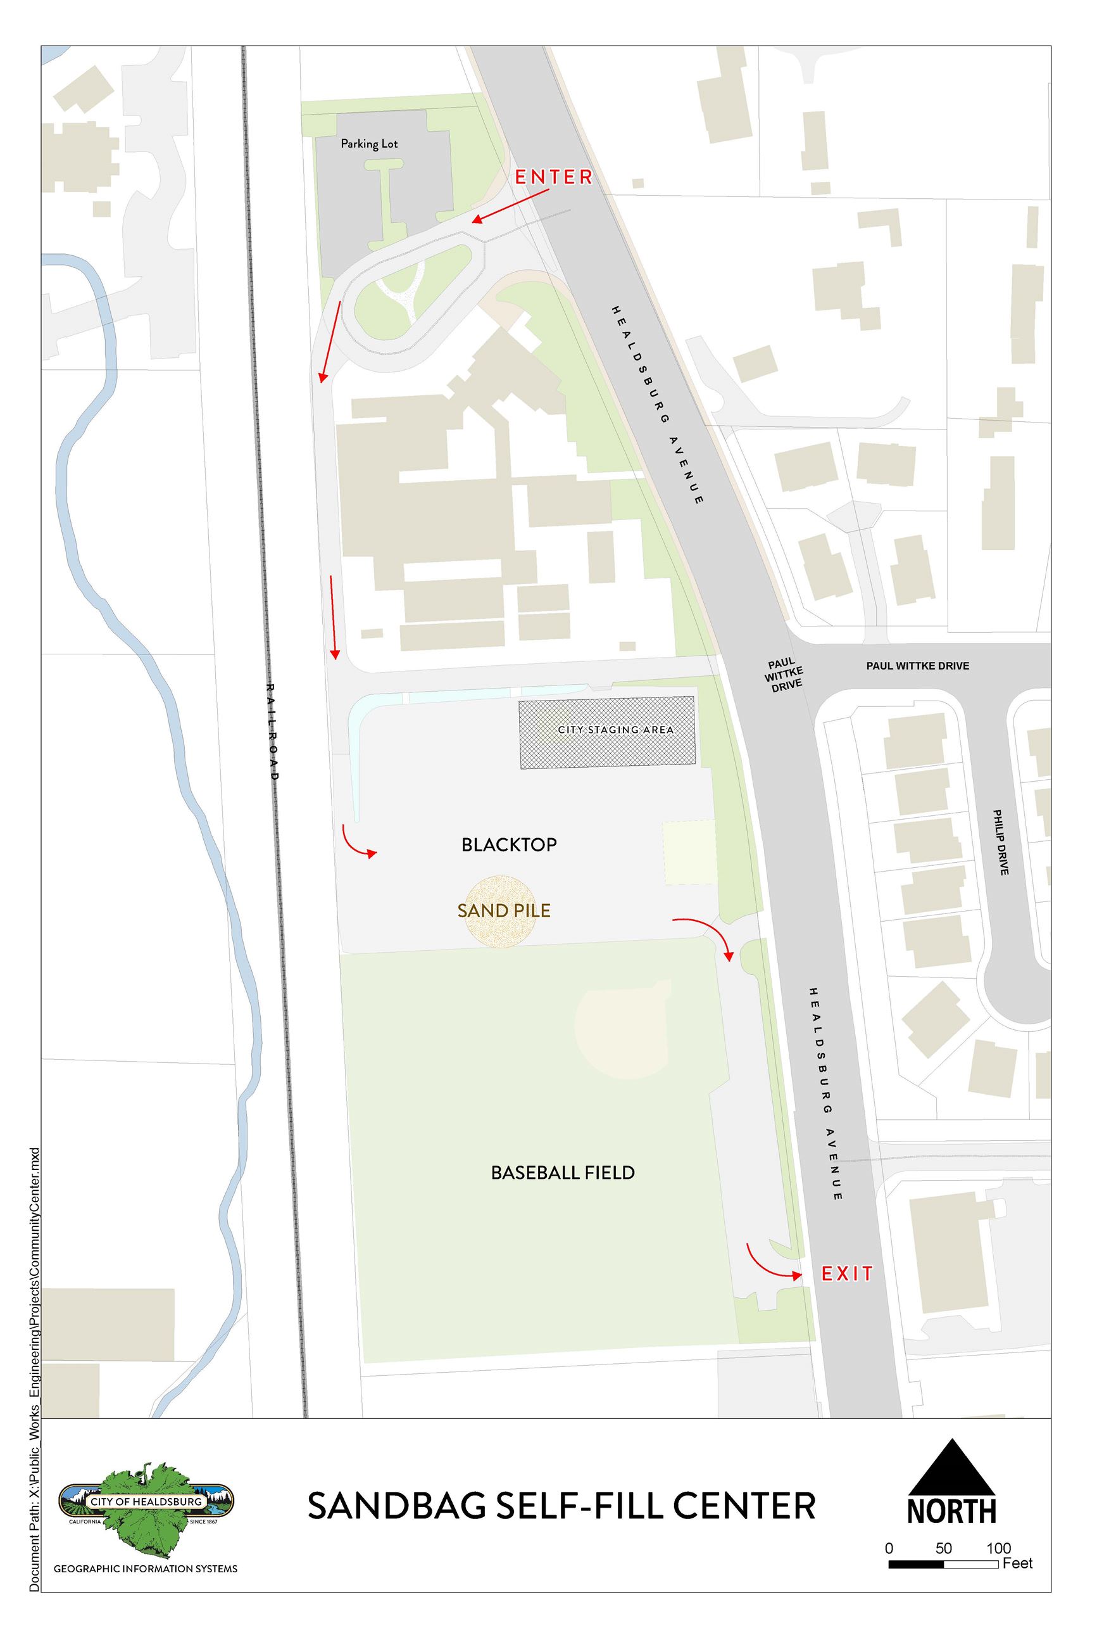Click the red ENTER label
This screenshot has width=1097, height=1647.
(x=553, y=177)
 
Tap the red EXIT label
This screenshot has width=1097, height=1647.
(x=846, y=1274)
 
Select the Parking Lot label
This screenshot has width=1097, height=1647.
(x=368, y=144)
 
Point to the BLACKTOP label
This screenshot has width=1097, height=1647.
(x=509, y=845)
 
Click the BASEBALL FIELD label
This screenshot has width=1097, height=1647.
(x=563, y=1173)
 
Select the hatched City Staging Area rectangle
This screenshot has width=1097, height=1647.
(x=606, y=732)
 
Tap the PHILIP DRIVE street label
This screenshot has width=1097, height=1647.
(x=1001, y=842)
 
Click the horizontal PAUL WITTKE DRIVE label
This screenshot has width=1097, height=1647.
(x=917, y=666)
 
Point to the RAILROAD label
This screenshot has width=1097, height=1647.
(x=273, y=732)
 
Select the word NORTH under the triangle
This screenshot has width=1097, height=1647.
(x=951, y=1512)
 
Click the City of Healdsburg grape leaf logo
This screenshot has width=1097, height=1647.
(x=146, y=1505)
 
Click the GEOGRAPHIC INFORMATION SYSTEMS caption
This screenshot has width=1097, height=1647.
(x=146, y=1569)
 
